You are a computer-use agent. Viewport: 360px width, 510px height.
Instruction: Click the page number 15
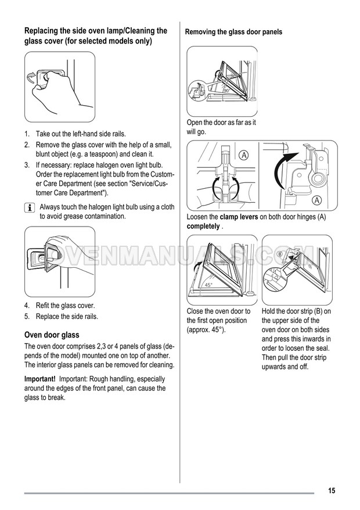pos(331,490)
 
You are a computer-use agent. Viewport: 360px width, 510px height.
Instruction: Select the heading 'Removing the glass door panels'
pos(233,32)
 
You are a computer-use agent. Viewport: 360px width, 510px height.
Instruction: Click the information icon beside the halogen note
pos(29,208)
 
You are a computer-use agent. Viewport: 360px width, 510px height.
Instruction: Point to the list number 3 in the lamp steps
pos(27,166)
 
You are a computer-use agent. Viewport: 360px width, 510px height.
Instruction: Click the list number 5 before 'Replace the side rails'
pos(27,317)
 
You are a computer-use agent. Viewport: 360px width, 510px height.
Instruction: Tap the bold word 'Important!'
pos(40,379)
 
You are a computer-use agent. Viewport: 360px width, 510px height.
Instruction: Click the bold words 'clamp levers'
pos(239,217)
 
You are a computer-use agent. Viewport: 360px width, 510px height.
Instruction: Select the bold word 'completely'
pos(203,226)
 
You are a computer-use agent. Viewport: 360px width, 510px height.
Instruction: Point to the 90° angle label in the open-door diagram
pos(227,91)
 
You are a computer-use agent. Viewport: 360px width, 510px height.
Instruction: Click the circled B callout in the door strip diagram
pos(279,254)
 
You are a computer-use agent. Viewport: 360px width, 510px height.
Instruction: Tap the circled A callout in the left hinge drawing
pos(243,155)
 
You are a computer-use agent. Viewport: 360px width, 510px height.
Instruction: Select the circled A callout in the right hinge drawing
pos(317,201)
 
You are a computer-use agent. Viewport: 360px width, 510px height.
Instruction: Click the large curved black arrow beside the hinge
pos(282,171)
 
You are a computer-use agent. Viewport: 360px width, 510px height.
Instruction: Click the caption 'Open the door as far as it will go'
pos(221,127)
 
